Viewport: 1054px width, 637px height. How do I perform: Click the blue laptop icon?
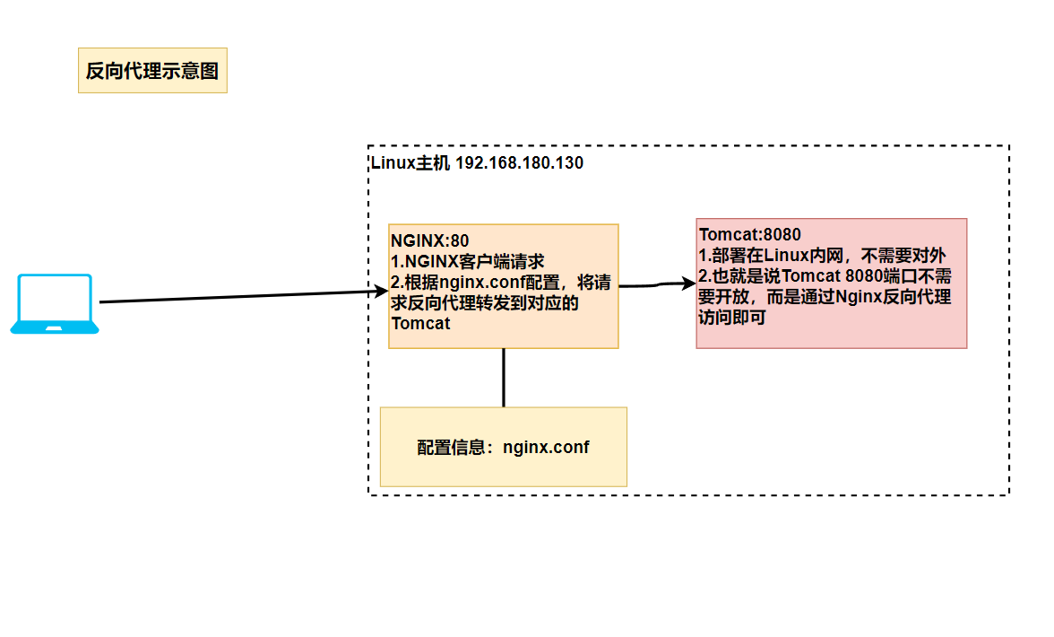coord(55,304)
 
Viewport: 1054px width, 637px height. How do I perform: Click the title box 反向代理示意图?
coord(152,71)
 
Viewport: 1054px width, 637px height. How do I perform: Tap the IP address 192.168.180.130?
coord(519,163)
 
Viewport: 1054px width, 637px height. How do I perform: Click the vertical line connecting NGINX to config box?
coord(504,378)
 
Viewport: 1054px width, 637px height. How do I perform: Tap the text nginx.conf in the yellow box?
coord(546,447)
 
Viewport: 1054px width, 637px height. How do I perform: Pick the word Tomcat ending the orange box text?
coord(421,324)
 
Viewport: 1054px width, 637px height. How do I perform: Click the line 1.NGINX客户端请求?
coord(468,261)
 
